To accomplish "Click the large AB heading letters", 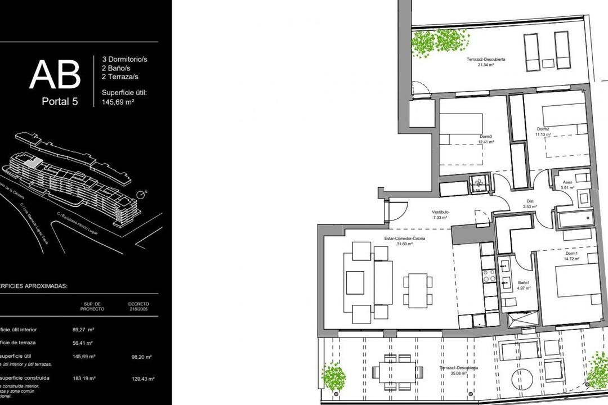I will click(55, 75).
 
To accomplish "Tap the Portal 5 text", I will click(60, 102).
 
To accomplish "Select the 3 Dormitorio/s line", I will click(124, 58).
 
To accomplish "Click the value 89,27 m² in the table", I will click(83, 330).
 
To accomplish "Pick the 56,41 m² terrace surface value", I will click(83, 343).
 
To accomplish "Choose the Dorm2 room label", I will click(543, 131).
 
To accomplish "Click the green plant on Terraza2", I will click(432, 43).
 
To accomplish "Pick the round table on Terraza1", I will click(522, 377).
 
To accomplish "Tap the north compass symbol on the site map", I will click(141, 194).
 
